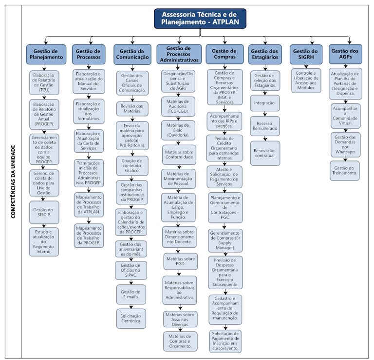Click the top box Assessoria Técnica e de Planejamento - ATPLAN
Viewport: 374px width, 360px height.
click(200, 18)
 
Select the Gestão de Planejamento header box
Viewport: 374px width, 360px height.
click(46, 54)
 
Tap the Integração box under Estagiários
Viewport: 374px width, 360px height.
click(264, 103)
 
